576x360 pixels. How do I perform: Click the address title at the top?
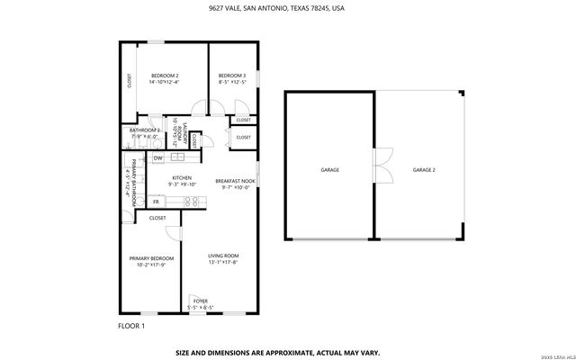(287, 8)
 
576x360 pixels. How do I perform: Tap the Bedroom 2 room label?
(164, 78)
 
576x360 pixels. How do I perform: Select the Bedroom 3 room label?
(231, 78)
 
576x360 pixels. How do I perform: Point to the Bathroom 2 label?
(144, 133)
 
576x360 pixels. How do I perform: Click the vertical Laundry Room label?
(185, 136)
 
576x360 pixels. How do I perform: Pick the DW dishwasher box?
(157, 158)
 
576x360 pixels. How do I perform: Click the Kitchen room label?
(183, 181)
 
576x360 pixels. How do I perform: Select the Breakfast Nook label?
(235, 184)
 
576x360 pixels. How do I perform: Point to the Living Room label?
(223, 259)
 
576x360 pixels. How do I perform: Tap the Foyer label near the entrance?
(201, 303)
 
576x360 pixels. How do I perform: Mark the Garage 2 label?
(423, 169)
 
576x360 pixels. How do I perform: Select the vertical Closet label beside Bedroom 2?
(128, 80)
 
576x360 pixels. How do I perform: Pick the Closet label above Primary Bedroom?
(157, 218)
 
